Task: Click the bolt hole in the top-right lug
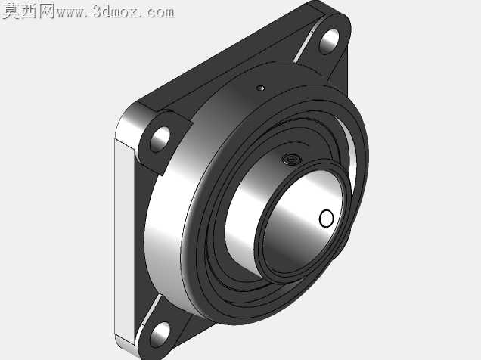pyautogui.click(x=329, y=42)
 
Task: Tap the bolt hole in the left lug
pyautogui.click(x=160, y=139)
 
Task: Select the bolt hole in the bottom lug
pyautogui.click(x=160, y=334)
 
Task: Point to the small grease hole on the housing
pyautogui.click(x=261, y=88)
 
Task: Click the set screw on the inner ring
pyautogui.click(x=291, y=160)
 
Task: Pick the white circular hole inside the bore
pyautogui.click(x=326, y=219)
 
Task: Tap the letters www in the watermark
pyautogui.click(x=70, y=13)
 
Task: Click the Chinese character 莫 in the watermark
pyautogui.click(x=11, y=11)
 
